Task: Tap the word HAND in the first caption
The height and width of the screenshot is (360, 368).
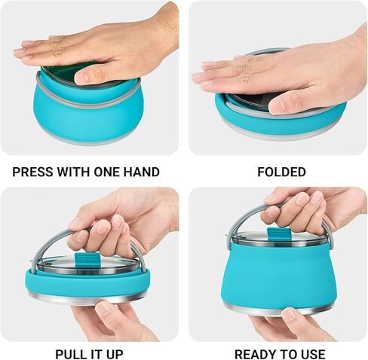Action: point(140,172)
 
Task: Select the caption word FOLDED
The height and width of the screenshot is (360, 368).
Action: point(281,172)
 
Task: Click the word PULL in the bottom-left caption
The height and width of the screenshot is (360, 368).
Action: point(72,353)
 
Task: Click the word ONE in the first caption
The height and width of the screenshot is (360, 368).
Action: point(104,172)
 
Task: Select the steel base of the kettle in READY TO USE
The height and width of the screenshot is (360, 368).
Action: point(279,308)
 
